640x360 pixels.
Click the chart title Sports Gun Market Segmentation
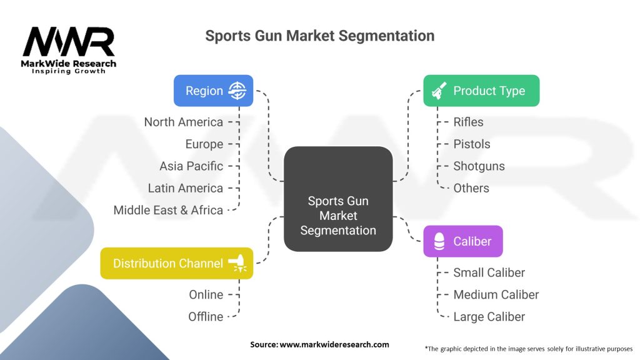(x=319, y=36)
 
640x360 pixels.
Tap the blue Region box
(x=213, y=91)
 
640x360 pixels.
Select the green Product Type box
(x=481, y=91)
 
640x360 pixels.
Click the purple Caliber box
(x=462, y=241)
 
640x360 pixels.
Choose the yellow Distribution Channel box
(x=177, y=263)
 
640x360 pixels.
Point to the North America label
(x=183, y=122)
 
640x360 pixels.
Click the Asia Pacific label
(x=191, y=166)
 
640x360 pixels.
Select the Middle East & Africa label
(x=168, y=210)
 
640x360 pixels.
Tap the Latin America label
(x=185, y=188)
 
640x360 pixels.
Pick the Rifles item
(x=468, y=122)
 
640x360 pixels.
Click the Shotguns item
(x=479, y=166)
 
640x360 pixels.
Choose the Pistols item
(x=472, y=144)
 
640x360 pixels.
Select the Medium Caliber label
(x=496, y=294)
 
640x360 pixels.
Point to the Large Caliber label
(x=489, y=316)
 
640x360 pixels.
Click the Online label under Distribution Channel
(x=206, y=294)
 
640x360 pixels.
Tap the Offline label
(x=206, y=316)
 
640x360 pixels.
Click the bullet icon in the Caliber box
(x=439, y=241)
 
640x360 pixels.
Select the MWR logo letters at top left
(x=69, y=42)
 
